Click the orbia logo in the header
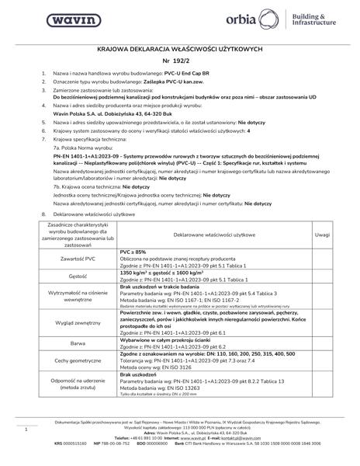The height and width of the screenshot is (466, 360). tap(267, 19)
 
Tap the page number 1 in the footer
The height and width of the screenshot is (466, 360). tap(26, 429)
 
